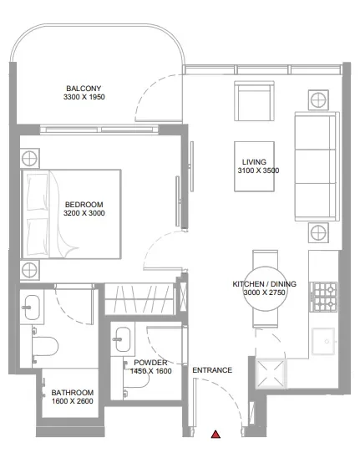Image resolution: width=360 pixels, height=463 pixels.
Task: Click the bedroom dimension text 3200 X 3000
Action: [84, 213]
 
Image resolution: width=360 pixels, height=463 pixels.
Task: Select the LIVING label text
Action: [253, 162]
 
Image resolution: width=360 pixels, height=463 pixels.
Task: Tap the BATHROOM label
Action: [72, 392]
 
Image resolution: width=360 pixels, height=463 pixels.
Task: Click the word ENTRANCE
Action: [212, 369]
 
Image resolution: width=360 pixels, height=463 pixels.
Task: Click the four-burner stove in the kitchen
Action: [322, 293]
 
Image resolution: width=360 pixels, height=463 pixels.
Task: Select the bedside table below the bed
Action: [30, 269]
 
